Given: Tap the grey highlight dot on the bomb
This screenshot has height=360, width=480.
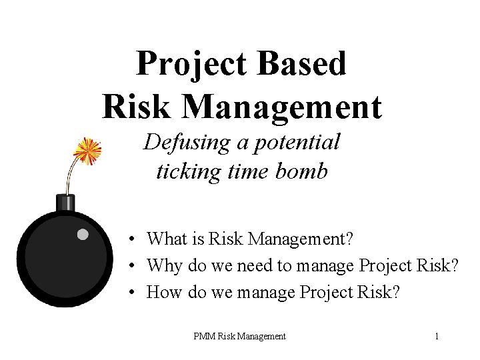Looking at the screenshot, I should (82, 234).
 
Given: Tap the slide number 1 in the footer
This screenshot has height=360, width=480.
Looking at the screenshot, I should (436, 337).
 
